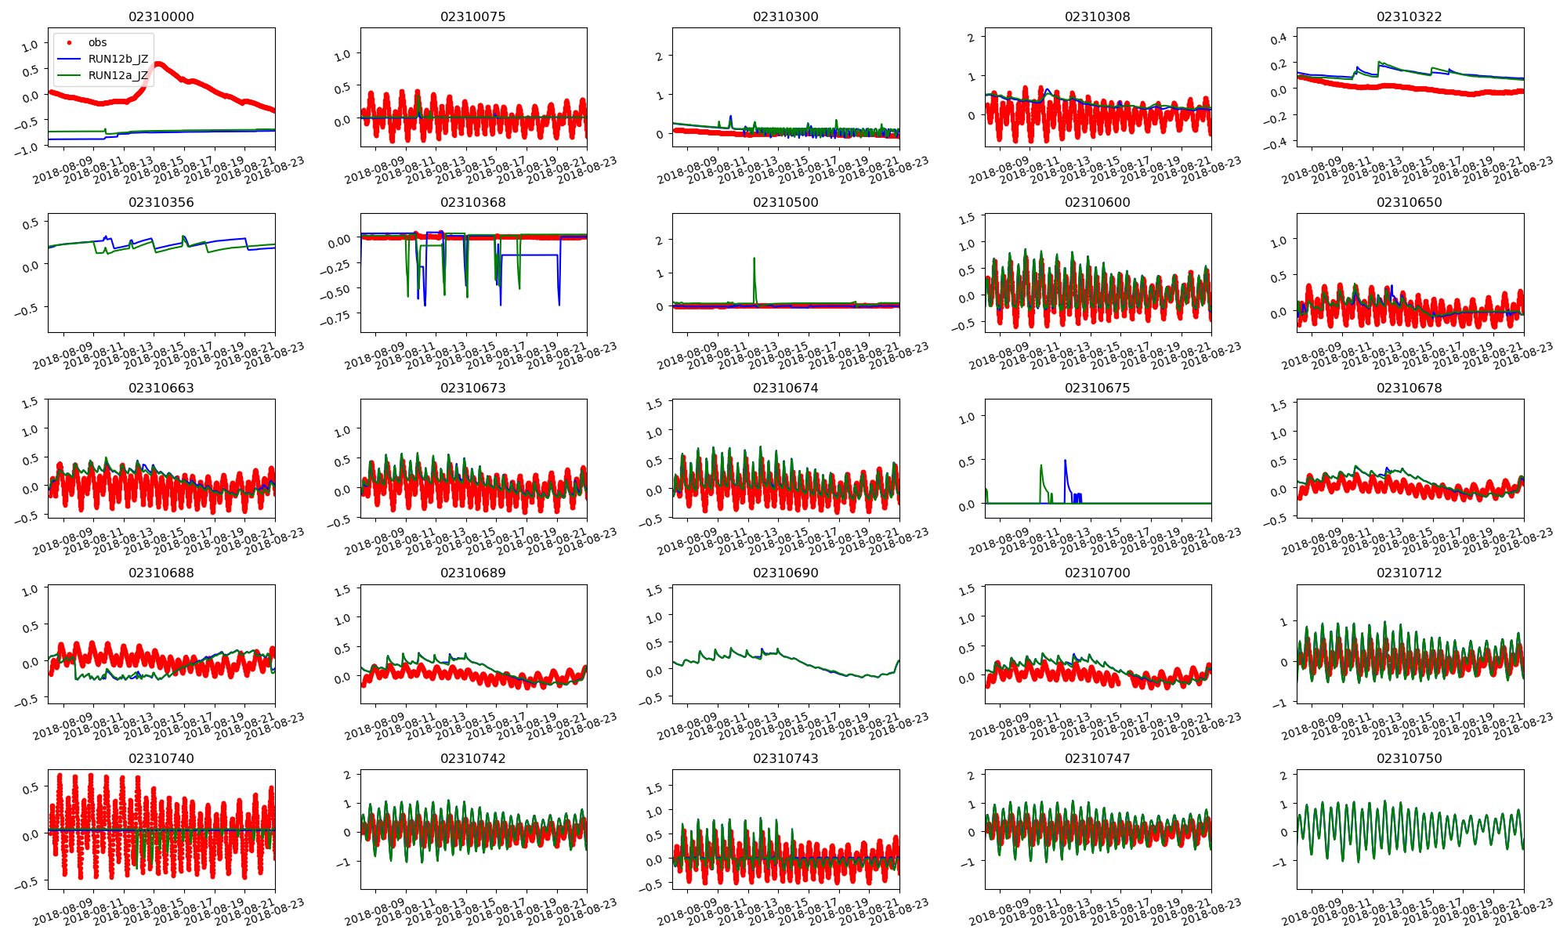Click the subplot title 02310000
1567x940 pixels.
pyautogui.click(x=161, y=16)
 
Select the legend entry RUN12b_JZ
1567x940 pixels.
pyautogui.click(x=118, y=59)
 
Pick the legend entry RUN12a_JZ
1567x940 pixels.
pyautogui.click(x=118, y=76)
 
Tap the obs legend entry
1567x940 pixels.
pyautogui.click(x=97, y=42)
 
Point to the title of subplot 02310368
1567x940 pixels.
pyautogui.click(x=472, y=202)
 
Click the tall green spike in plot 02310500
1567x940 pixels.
pyautogui.click(x=754, y=259)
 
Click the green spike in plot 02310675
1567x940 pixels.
pyautogui.click(x=1041, y=467)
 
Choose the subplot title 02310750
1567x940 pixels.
pyautogui.click(x=1409, y=758)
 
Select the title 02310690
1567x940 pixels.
pyautogui.click(x=785, y=573)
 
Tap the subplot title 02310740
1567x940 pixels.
pyautogui.click(x=161, y=758)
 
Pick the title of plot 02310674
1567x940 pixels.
pyautogui.click(x=785, y=388)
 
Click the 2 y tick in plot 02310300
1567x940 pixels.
pyautogui.click(x=660, y=56)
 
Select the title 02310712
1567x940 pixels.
pyautogui.click(x=1409, y=573)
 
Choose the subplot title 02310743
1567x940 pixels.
pyautogui.click(x=785, y=758)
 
